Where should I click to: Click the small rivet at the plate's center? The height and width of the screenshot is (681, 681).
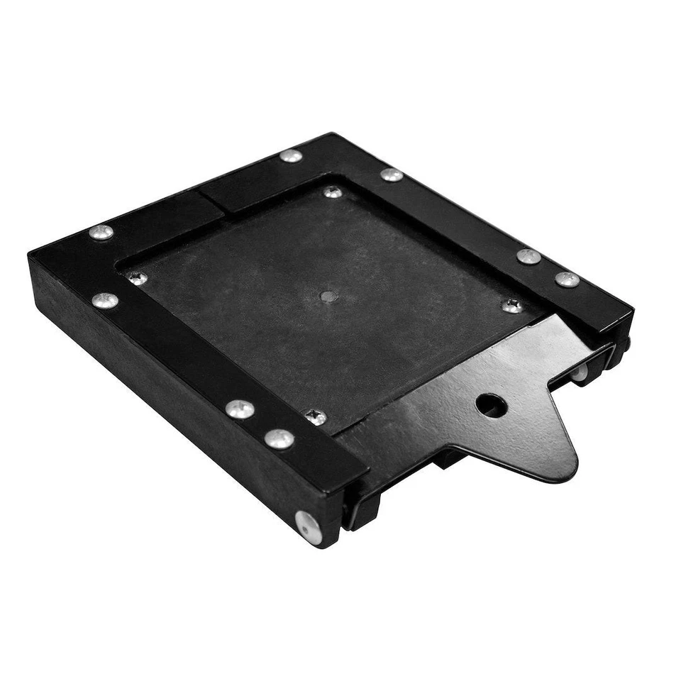click(328, 297)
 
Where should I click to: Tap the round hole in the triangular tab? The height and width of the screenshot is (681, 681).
click(491, 405)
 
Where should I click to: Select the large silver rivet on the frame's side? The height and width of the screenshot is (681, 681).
click(309, 528)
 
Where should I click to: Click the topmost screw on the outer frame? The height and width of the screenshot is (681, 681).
click(291, 155)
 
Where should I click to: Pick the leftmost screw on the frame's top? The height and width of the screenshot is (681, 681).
click(101, 232)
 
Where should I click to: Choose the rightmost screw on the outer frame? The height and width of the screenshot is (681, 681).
click(567, 279)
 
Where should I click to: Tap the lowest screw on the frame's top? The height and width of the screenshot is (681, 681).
click(279, 439)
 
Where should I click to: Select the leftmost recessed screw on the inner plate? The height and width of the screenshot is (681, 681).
click(137, 278)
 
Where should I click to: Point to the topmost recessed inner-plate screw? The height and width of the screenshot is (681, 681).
click(332, 192)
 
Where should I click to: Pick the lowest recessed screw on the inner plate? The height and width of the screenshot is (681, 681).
click(316, 417)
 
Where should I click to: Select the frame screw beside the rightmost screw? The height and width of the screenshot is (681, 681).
click(528, 256)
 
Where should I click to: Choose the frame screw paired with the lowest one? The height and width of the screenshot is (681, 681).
click(240, 409)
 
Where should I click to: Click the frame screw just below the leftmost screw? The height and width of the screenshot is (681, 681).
click(105, 300)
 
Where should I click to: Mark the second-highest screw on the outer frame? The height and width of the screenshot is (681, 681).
click(391, 175)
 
